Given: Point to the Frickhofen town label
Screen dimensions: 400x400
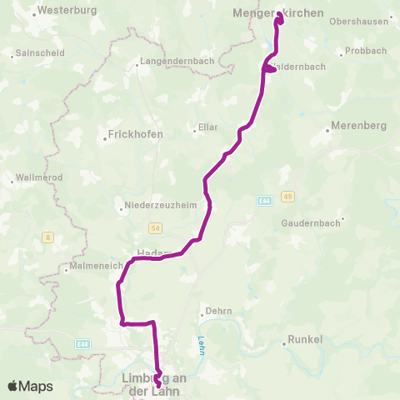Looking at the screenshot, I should click(x=135, y=134).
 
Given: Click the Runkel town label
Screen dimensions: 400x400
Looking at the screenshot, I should click(x=304, y=340).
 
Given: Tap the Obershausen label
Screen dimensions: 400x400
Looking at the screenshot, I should click(x=359, y=22).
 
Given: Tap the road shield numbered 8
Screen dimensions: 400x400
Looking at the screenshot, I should click(x=48, y=237).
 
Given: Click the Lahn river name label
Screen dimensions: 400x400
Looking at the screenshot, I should click(x=202, y=345).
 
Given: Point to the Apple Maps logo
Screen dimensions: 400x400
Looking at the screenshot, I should click(x=30, y=386).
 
